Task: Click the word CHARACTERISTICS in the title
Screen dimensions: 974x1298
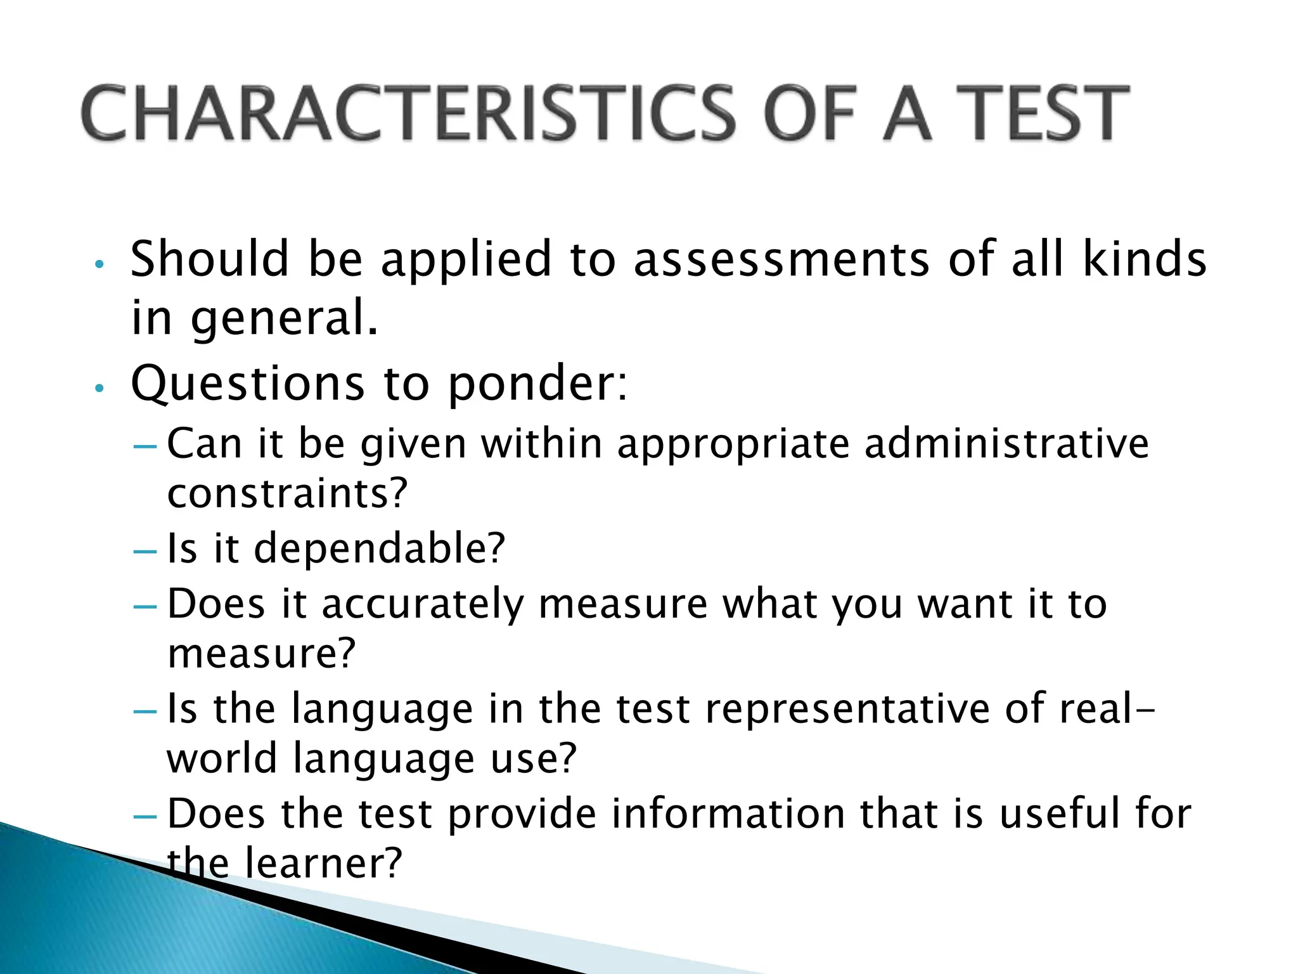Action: [408, 114]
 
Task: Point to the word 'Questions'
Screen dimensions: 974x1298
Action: [248, 384]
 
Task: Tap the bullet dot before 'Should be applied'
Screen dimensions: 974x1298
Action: [98, 264]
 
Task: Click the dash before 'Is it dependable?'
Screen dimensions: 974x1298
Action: [145, 552]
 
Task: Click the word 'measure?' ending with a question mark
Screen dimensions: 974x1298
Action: [261, 654]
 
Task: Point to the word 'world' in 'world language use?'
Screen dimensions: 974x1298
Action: [222, 758]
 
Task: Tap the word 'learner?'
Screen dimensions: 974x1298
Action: [323, 864]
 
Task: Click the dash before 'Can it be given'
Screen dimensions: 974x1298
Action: [145, 446]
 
